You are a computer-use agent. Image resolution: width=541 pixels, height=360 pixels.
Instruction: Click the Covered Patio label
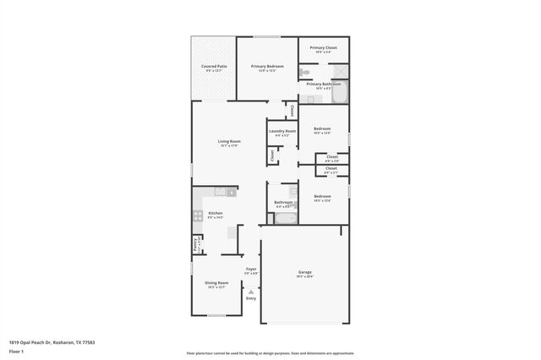[214, 66]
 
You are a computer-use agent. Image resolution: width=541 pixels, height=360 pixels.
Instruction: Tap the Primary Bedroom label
[267, 66]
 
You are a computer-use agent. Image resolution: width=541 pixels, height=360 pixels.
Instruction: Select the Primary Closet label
[323, 48]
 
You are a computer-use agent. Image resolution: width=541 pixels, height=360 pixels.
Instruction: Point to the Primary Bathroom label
[323, 85]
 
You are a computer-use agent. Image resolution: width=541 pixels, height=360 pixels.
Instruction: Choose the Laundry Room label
[282, 131]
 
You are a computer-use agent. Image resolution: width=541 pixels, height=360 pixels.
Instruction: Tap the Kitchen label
[216, 213]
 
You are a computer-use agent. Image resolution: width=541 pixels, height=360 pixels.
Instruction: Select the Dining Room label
[217, 283]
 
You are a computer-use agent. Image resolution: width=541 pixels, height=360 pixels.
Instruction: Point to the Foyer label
[251, 270]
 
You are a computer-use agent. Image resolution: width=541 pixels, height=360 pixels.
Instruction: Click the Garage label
[304, 272]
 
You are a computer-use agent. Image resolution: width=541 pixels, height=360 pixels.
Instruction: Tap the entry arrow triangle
[251, 291]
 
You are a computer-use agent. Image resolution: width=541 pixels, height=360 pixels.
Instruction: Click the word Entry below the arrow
[251, 298]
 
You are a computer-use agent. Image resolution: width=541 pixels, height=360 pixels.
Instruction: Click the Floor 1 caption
[16, 351]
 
